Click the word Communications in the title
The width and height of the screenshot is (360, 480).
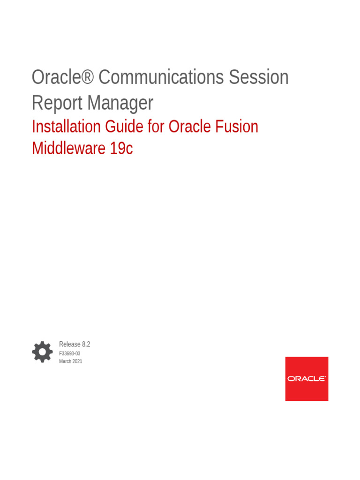coord(161,77)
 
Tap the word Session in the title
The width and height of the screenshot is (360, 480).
coord(259,77)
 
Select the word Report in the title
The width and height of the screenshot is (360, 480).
coord(57,103)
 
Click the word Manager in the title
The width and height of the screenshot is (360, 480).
coord(120,103)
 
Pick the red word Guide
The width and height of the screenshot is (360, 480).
coord(124,127)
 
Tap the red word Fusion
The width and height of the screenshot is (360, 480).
coord(237,127)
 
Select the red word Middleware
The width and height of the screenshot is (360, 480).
coord(68,148)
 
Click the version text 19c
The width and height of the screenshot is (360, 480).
coord(121,148)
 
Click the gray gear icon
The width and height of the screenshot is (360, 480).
coord(42,352)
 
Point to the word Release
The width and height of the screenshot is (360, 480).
coord(69,344)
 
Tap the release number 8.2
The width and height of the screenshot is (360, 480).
coord(86,344)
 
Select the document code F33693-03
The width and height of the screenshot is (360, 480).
coord(69,353)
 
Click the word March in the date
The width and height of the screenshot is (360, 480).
coord(65,361)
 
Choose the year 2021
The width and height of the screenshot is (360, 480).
coord(77,361)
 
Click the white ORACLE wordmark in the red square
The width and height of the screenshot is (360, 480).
coord(307,379)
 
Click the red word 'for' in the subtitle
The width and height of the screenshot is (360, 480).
coord(156,127)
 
